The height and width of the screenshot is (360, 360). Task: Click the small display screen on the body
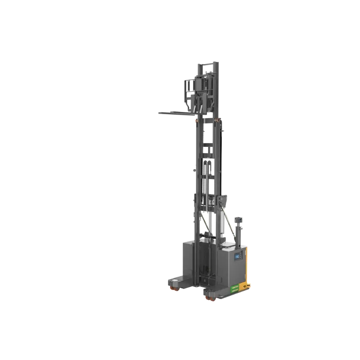(x=237, y=256)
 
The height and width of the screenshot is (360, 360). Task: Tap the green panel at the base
(x=234, y=288)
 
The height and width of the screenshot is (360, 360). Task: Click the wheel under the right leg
(x=208, y=298)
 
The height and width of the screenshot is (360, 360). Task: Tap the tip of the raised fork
(x=159, y=113)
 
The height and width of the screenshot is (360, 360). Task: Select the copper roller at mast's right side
(x=219, y=119)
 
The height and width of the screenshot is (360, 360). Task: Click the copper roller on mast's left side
(x=197, y=121)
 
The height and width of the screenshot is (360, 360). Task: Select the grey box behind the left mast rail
(x=188, y=259)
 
